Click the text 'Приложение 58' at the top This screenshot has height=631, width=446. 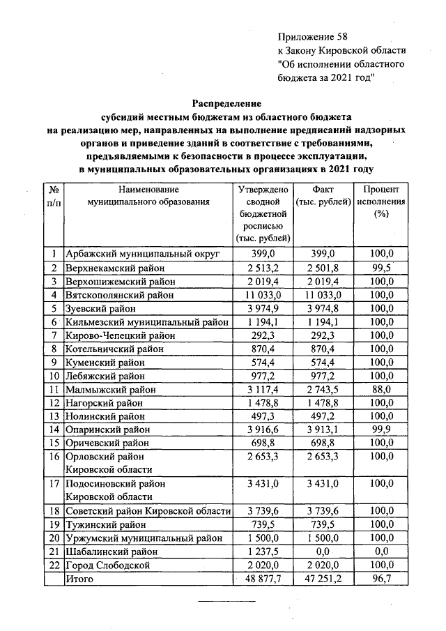312,36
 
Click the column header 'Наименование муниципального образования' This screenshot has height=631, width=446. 148,195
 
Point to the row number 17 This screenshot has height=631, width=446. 54,483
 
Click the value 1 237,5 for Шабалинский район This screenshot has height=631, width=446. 263,552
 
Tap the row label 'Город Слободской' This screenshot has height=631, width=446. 107,565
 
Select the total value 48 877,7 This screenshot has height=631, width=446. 263,579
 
